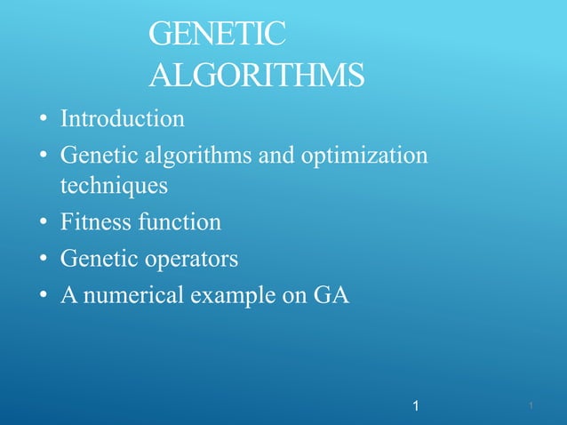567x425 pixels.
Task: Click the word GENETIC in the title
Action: pyautogui.click(x=218, y=36)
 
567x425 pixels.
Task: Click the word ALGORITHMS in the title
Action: pyautogui.click(x=257, y=76)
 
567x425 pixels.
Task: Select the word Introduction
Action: pyautogui.click(x=123, y=117)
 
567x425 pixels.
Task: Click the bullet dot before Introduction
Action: pyautogui.click(x=42, y=119)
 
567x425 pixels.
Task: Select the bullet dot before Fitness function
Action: pyautogui.click(x=42, y=223)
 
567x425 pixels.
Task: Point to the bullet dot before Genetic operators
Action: pyautogui.click(x=42, y=261)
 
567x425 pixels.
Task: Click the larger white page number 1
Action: pyautogui.click(x=416, y=406)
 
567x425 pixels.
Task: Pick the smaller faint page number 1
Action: pyautogui.click(x=530, y=406)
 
